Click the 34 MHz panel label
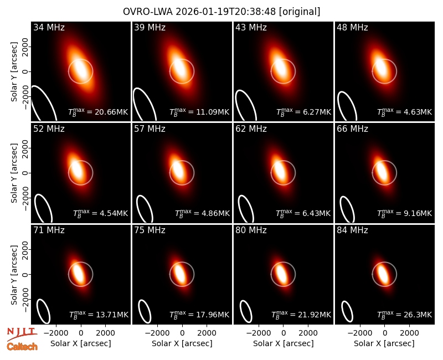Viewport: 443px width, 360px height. coord(49,27)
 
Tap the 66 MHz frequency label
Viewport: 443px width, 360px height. coord(352,129)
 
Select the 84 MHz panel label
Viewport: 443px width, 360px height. coord(352,230)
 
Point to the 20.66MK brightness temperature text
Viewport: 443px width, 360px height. coord(111,112)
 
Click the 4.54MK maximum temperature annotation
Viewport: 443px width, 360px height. coord(114,213)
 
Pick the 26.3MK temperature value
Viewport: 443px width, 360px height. coord(418,315)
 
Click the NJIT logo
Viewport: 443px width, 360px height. coord(22,333)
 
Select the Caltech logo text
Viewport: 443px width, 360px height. coord(22,347)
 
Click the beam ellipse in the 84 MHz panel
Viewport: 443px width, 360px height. coord(347,312)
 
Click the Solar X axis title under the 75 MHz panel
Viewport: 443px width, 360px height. coord(182,343)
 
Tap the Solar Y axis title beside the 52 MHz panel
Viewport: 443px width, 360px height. coord(14,173)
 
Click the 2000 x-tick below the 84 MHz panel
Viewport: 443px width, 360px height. coord(410,333)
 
